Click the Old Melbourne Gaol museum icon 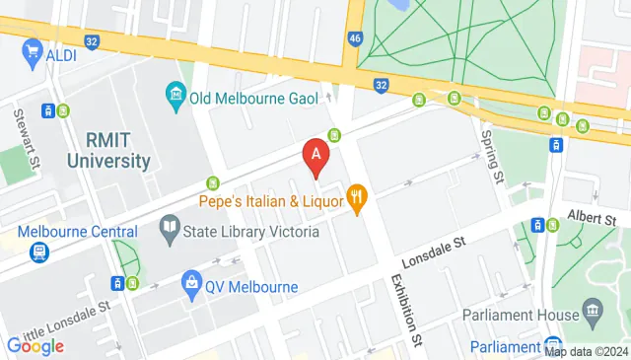(175, 96)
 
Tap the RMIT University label (109, 150)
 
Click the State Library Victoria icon (168, 231)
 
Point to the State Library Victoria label (250, 232)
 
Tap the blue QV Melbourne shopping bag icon (191, 287)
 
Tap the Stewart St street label (23, 129)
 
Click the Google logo (35, 345)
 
